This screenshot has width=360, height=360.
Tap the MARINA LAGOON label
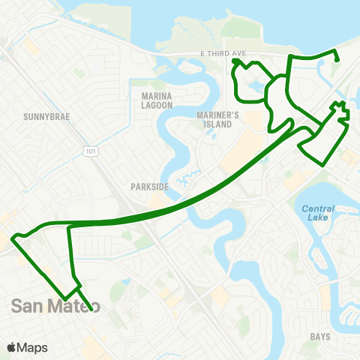pyautogui.click(x=157, y=100)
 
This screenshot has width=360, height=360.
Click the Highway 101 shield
pyautogui.click(x=89, y=151)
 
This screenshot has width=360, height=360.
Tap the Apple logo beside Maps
pyautogui.click(x=12, y=347)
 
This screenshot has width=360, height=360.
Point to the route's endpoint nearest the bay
pyautogui.click(x=337, y=61)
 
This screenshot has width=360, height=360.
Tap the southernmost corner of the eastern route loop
pyautogui.click(x=325, y=163)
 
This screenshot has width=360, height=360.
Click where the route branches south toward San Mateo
pyautogui.click(x=69, y=225)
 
